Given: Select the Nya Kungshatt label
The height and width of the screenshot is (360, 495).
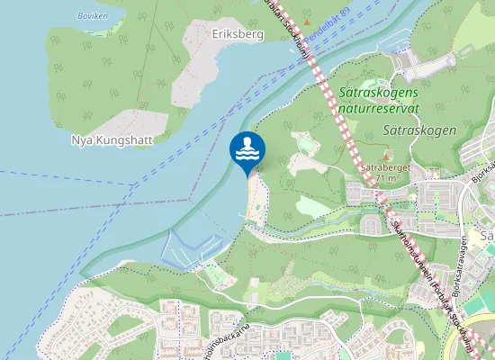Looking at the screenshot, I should click(x=112, y=140).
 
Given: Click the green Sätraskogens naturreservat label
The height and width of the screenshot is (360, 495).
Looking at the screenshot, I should click(x=381, y=100).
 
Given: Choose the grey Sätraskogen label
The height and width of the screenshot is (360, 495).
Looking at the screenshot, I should click(x=419, y=130).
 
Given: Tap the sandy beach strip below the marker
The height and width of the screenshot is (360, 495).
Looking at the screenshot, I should click(x=255, y=196).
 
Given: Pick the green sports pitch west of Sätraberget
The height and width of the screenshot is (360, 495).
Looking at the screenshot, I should click(x=306, y=144).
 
